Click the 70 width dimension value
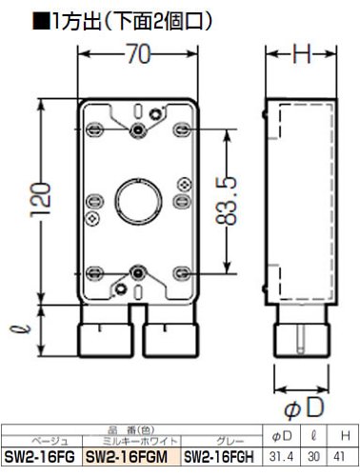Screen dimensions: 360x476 [139, 53]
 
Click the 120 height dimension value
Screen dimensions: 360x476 [40, 200]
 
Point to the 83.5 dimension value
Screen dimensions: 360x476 [226, 201]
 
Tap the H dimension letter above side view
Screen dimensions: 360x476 [302, 53]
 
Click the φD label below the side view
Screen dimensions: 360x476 [304, 408]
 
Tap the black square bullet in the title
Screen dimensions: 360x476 [42, 22]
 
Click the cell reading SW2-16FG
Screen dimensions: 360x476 [40, 457]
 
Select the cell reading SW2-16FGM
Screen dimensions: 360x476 [127, 457]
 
